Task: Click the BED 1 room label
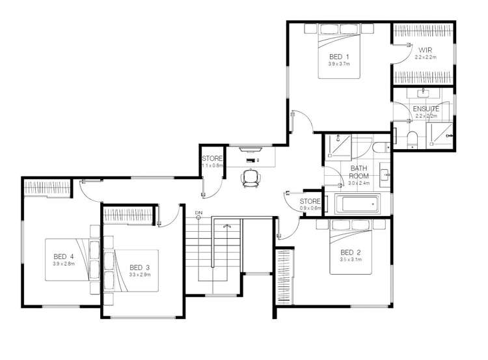(x=338, y=57)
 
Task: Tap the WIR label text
(x=425, y=50)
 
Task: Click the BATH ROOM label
(x=359, y=172)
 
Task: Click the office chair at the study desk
(x=251, y=178)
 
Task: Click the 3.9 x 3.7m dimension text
(x=338, y=64)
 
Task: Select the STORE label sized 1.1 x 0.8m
(x=212, y=158)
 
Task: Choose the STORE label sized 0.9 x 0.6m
(x=310, y=202)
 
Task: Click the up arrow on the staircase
(x=226, y=225)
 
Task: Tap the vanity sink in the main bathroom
(x=385, y=174)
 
